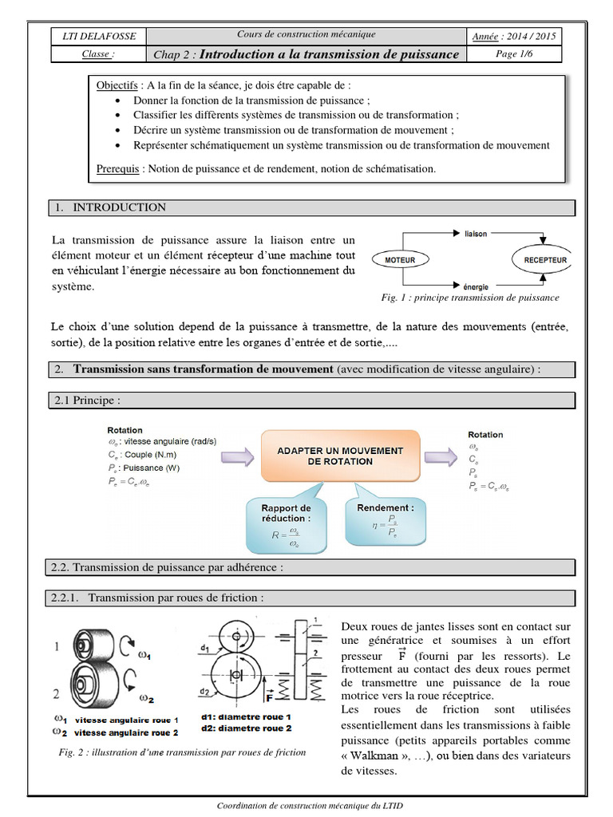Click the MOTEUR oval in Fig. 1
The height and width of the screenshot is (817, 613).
400,260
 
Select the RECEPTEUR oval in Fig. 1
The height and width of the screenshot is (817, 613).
545,260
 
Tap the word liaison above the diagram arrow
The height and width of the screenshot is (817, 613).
476,235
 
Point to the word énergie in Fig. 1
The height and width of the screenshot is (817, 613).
476,285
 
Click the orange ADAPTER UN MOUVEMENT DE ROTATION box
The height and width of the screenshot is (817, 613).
339,456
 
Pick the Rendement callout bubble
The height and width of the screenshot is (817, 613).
385,519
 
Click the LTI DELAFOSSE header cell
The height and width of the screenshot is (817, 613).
99,36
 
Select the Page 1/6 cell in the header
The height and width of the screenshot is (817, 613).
517,53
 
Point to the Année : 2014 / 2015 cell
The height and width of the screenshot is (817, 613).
515,36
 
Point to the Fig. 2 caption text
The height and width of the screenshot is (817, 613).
182,752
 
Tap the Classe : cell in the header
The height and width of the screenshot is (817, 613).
99,54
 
